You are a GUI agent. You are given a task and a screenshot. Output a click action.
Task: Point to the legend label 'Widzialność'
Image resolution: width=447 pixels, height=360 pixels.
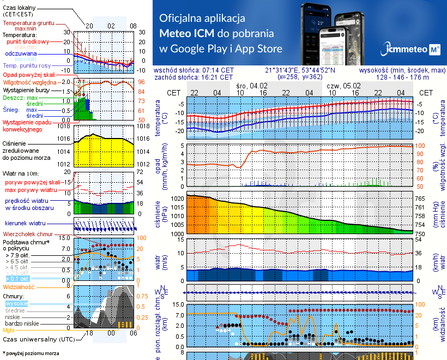pyautogui.click(x=19, y=286)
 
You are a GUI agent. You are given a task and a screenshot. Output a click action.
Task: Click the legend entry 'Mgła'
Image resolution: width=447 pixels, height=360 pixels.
pyautogui.click(x=9, y=329)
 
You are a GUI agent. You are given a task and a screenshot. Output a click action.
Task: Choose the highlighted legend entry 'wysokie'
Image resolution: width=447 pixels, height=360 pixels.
pyautogui.click(x=16, y=303)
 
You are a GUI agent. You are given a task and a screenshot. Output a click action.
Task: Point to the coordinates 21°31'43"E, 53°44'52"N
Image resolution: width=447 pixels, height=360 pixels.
pyautogui.click(x=300, y=70)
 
